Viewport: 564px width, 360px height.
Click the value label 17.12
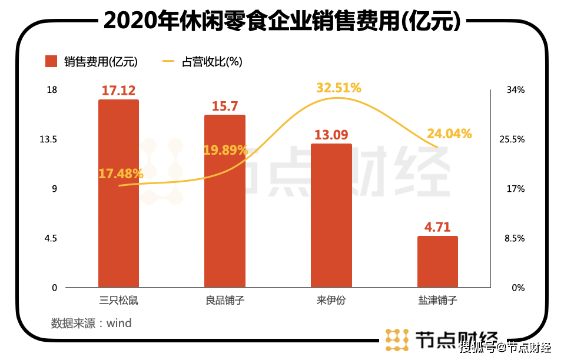[118, 91]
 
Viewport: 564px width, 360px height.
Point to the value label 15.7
[224, 106]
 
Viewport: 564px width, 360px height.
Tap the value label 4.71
[437, 227]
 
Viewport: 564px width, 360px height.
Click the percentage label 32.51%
[339, 88]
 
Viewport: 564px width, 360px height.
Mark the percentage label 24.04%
[449, 134]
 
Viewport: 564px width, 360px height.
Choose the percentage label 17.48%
[121, 174]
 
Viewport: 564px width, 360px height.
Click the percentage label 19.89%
[225, 150]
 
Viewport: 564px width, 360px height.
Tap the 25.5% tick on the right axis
[511, 139]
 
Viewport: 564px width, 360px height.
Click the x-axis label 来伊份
[331, 301]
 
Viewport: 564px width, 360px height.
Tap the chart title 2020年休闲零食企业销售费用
[281, 21]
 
